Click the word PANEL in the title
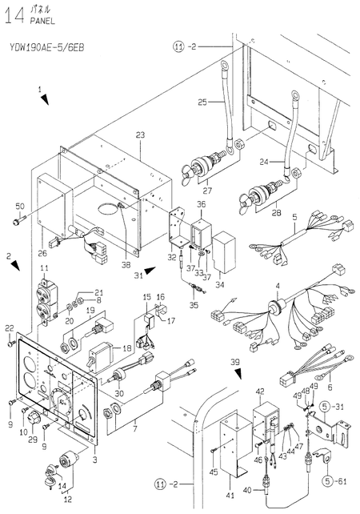42,22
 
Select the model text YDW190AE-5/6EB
47,48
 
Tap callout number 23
140,135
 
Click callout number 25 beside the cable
202,102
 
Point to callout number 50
20,207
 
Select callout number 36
201,204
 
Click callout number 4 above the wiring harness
278,286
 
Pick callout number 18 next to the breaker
126,347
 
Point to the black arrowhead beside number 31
150,271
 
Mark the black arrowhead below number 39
238,373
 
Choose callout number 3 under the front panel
94,460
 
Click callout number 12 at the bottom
68,500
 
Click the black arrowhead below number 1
45,99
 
